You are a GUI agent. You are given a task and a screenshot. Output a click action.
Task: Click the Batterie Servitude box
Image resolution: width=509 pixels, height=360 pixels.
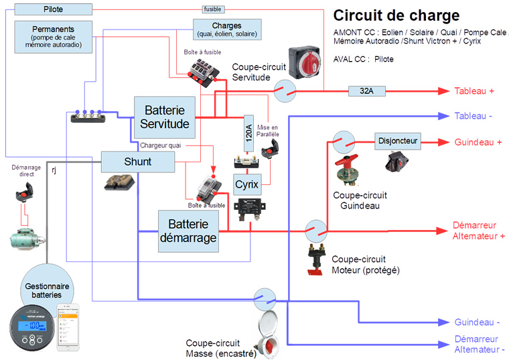[x=164, y=115]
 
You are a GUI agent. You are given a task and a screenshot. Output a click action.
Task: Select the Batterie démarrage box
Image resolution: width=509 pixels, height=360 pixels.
[x=192, y=231]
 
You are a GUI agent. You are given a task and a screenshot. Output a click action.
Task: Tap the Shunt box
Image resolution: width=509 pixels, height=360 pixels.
[x=137, y=162]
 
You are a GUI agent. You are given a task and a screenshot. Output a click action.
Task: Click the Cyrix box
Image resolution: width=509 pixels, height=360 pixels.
[x=246, y=184]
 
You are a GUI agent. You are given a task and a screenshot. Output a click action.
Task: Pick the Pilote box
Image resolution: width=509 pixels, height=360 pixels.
[x=53, y=9]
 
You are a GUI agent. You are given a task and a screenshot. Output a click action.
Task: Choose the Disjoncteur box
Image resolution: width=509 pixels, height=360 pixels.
[x=398, y=141]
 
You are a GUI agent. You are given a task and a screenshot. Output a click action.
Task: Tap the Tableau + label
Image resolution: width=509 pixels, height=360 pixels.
[x=474, y=91]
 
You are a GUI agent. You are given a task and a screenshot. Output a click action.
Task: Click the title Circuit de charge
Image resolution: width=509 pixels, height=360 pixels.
[x=396, y=15]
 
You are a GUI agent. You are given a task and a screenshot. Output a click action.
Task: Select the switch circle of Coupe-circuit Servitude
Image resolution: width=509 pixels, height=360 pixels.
[x=285, y=91]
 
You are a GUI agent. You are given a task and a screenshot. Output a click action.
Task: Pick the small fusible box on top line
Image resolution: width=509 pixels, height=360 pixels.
[x=212, y=9]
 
